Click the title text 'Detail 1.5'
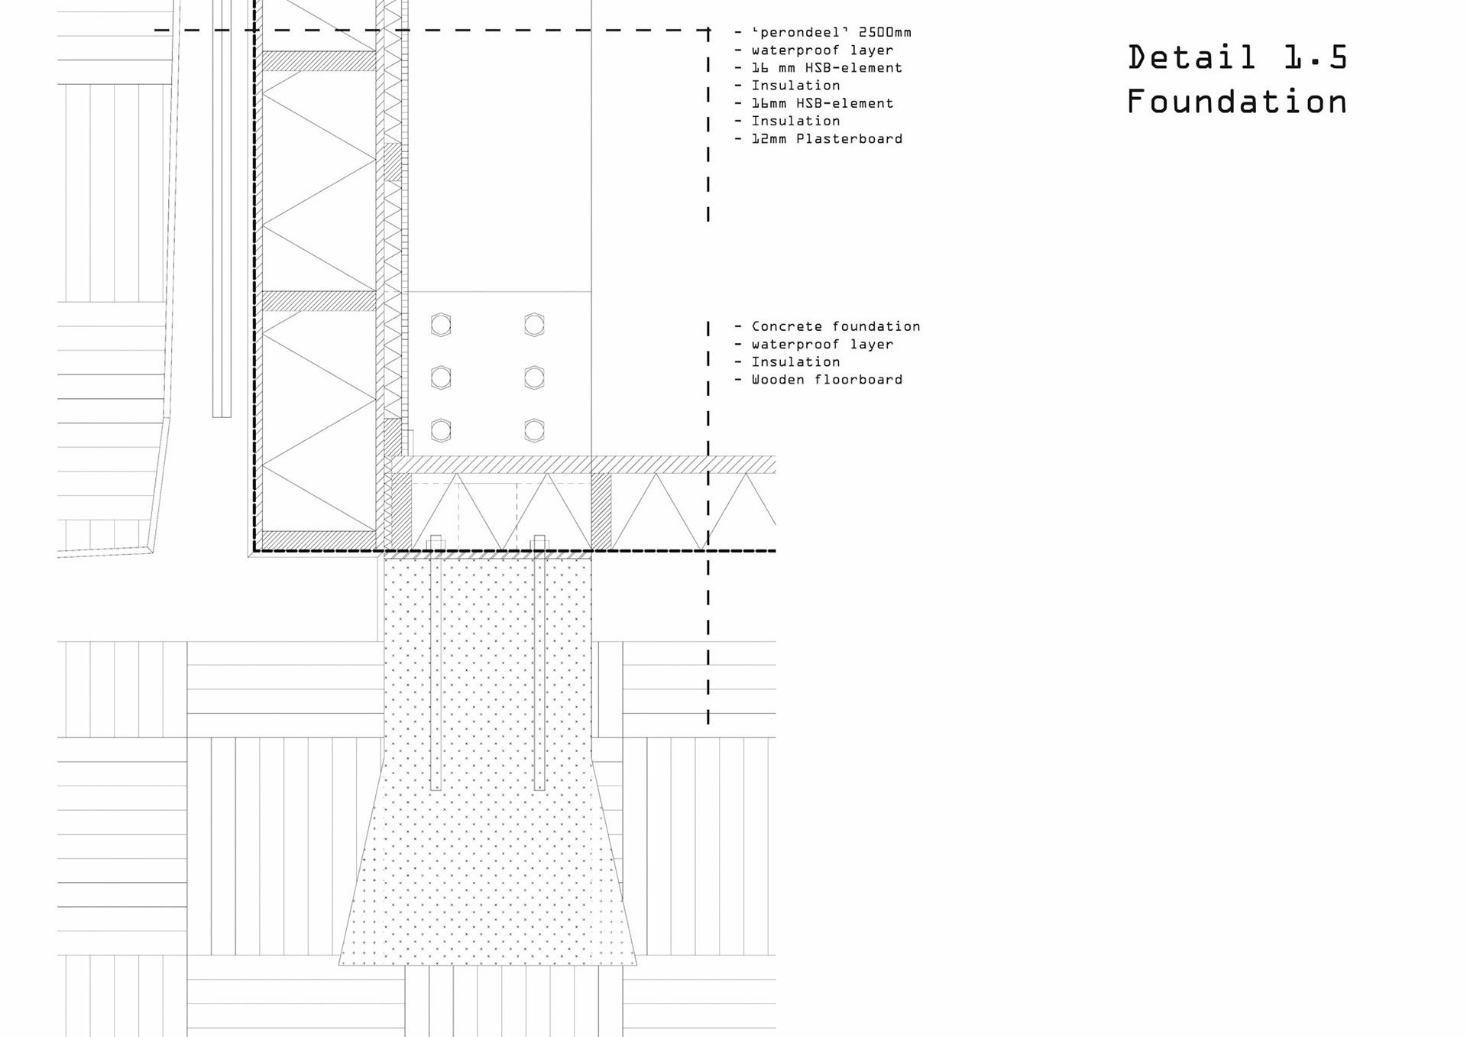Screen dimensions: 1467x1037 (1237, 58)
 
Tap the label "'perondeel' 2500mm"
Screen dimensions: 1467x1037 (831, 33)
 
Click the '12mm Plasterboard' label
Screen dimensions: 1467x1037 (826, 139)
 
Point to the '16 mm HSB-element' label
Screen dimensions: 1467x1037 (826, 68)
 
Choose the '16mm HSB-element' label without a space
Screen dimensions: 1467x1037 (821, 103)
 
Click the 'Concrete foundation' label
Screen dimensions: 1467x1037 (835, 326)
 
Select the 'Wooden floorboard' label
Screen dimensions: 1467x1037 (826, 380)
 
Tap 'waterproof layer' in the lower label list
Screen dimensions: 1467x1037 (821, 345)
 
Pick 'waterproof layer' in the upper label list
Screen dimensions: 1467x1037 (821, 50)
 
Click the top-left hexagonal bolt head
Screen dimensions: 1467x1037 (441, 326)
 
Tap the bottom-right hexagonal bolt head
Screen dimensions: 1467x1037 (534, 431)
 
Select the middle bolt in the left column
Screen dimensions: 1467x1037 (441, 378)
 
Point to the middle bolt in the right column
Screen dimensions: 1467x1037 (534, 378)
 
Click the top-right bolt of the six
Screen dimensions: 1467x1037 (534, 326)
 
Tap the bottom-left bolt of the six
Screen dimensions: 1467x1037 (441, 431)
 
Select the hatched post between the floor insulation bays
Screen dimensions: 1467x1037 (601, 511)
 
